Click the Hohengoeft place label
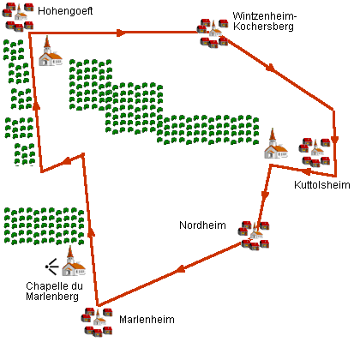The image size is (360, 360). pos(65,11)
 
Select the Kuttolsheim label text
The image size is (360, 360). pos(322,185)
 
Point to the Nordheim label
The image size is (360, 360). pos(202,225)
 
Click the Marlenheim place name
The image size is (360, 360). pos(147,319)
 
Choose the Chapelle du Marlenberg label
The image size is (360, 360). pos(54,291)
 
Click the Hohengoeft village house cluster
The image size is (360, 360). pos(18,17)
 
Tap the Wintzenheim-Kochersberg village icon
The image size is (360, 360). pos(213,33)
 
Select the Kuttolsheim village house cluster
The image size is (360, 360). pos(315,153)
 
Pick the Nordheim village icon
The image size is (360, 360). pos(255,235)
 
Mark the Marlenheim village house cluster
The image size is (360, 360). pos(97,321)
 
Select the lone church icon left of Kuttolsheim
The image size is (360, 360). pos(276,143)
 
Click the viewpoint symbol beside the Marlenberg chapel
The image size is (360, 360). pos(52,267)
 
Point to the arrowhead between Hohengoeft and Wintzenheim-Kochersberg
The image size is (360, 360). pos(121,33)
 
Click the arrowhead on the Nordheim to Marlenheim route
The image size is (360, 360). pos(180,269)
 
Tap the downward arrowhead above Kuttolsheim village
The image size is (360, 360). pos(335,141)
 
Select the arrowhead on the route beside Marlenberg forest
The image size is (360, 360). pos(91,232)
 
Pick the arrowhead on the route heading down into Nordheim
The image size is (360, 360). pos(265,195)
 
